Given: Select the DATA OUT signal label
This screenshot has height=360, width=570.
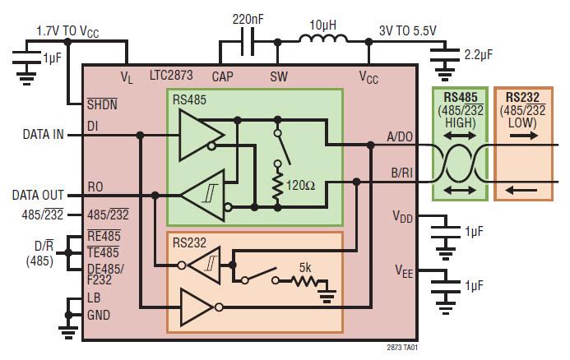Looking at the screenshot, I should (x=38, y=195).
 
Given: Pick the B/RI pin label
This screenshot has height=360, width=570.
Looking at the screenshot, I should (x=401, y=173).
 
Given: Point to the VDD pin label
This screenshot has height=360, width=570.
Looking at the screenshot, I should (x=403, y=216).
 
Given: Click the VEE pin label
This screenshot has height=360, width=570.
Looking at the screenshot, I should (x=403, y=269).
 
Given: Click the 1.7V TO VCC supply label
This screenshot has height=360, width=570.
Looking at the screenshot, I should (x=68, y=30).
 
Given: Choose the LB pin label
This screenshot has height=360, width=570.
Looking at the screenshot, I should (x=95, y=298).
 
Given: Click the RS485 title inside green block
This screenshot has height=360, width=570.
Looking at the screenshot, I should (x=190, y=101).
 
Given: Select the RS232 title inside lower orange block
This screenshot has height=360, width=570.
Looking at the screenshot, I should (x=190, y=243).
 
